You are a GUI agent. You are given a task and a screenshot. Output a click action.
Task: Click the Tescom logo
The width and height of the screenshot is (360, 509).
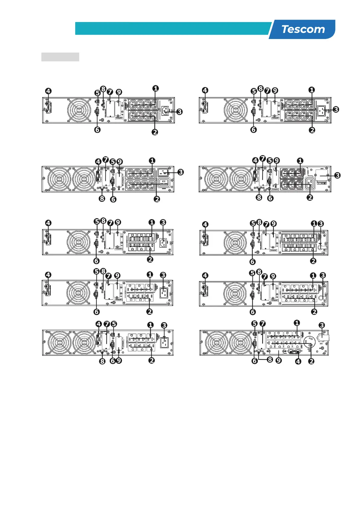tap(303, 29)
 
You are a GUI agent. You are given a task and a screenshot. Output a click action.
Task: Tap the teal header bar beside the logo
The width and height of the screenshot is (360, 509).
tap(172, 28)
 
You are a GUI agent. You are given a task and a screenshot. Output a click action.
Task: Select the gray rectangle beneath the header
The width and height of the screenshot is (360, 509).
tap(60, 57)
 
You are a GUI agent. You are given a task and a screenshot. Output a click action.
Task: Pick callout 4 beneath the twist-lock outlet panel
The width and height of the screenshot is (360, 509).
tap(298, 361)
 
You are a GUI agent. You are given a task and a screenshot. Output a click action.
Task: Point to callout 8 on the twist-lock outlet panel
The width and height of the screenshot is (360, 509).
tap(270, 360)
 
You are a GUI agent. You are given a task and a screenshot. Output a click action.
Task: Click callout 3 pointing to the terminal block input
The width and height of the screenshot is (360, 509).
tap(337, 175)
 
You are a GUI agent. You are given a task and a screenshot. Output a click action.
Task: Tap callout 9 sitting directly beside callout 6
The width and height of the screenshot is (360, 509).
tap(119, 361)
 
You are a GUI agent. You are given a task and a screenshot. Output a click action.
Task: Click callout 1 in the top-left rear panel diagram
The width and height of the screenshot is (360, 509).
tap(155, 89)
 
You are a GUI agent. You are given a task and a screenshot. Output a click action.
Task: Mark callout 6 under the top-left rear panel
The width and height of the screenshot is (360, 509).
tap(97, 130)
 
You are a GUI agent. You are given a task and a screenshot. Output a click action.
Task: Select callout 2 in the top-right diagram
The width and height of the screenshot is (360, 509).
tap(312, 130)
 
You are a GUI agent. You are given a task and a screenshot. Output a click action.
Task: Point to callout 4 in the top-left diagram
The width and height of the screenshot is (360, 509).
tap(48, 91)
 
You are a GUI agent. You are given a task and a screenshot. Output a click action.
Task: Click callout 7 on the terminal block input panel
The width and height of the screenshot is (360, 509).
tap(263, 158)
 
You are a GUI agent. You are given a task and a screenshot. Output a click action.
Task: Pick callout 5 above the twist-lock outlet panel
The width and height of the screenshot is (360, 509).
tap(255, 324)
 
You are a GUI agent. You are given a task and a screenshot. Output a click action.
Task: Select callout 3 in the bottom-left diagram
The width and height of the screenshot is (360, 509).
tap(164, 325)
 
